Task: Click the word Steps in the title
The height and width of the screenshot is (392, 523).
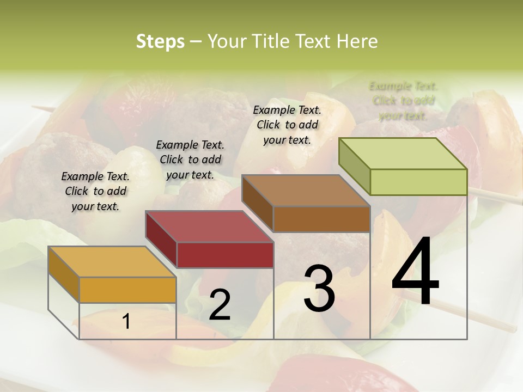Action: [160, 41]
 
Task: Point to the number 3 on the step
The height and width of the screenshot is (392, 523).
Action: [319, 288]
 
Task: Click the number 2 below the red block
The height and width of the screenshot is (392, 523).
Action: [220, 305]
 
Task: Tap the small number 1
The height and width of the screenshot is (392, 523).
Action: [126, 322]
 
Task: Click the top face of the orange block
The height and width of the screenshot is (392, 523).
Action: [112, 262]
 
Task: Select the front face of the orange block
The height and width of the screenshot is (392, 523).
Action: [127, 290]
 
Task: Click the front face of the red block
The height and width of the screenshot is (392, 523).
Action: [224, 255]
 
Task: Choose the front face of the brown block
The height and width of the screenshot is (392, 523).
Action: [321, 219]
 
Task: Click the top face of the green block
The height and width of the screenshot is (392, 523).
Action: [403, 154]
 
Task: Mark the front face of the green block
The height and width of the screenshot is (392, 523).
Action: [418, 182]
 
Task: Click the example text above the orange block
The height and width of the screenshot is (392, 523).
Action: [95, 191]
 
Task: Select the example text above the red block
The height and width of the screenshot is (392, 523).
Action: [190, 160]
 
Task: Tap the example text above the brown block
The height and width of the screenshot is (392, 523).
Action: [287, 125]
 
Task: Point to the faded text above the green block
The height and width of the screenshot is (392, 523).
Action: [403, 101]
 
